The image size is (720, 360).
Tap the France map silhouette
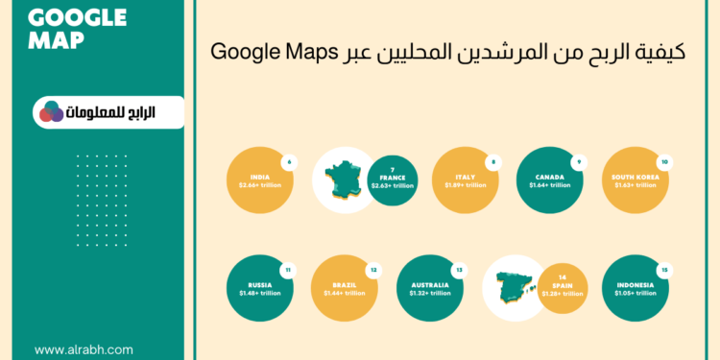tap(342, 181)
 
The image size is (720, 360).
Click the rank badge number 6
tap(288, 161)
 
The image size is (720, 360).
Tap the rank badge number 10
tap(663, 161)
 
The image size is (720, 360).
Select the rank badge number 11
tap(288, 270)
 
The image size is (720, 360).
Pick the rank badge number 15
tap(663, 270)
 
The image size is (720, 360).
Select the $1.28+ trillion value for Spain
tap(559, 293)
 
